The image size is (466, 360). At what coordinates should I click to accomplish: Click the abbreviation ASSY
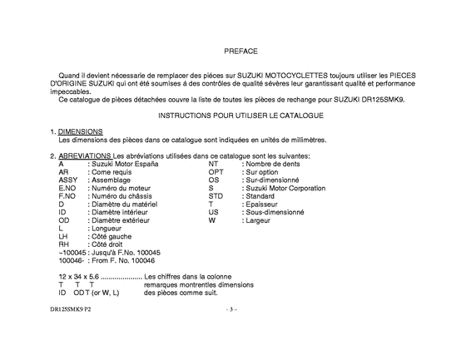coord(68,180)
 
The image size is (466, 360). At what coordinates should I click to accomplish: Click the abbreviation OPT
coord(216,171)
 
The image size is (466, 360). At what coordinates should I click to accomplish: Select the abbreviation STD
coord(216,196)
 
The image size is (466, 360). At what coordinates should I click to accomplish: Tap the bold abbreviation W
coord(212,220)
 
